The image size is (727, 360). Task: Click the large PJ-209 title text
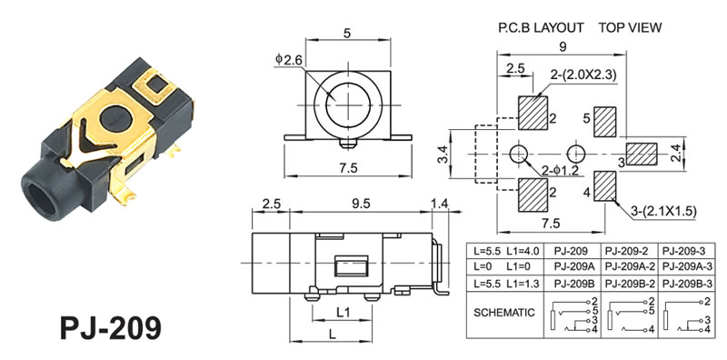(x=111, y=328)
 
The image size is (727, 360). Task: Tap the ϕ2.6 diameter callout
(x=288, y=59)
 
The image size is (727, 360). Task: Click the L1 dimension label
(x=343, y=313)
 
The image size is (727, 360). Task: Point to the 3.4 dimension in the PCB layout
(x=443, y=154)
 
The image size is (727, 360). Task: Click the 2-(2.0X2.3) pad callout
(x=583, y=75)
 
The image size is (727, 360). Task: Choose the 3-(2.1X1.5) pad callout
(x=664, y=212)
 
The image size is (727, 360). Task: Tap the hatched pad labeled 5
(x=605, y=122)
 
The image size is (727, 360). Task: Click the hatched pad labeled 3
(x=642, y=154)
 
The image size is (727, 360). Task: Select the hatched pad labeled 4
(x=605, y=186)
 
